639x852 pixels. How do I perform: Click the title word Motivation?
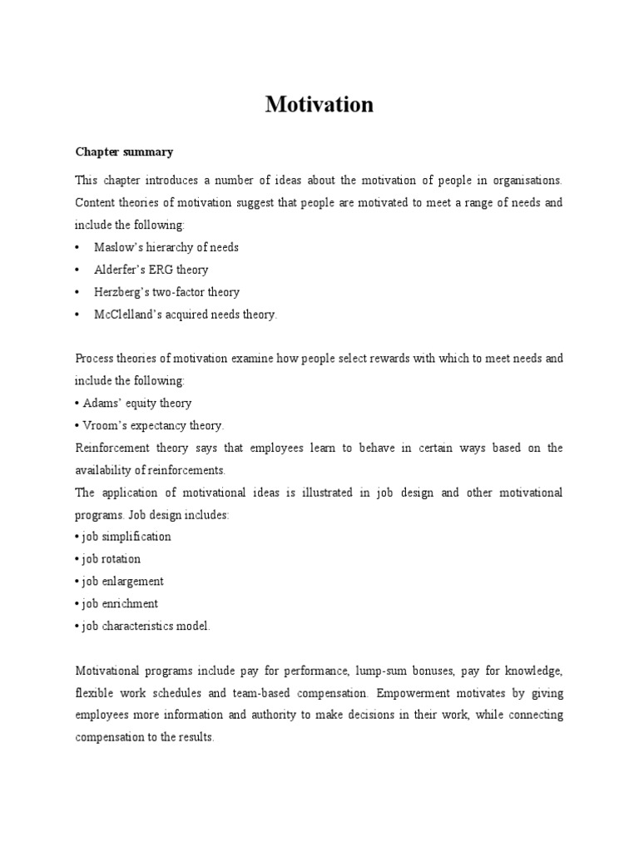[x=319, y=105]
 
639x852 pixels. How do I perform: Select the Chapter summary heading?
[x=124, y=151]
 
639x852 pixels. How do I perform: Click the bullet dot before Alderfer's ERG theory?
[x=77, y=270]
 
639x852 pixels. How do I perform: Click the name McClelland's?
[x=130, y=315]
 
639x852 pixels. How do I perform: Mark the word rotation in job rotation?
[x=121, y=559]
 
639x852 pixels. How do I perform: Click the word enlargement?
[x=133, y=582]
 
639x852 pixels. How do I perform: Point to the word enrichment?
[x=131, y=603]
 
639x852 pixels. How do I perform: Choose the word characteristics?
[x=138, y=626]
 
